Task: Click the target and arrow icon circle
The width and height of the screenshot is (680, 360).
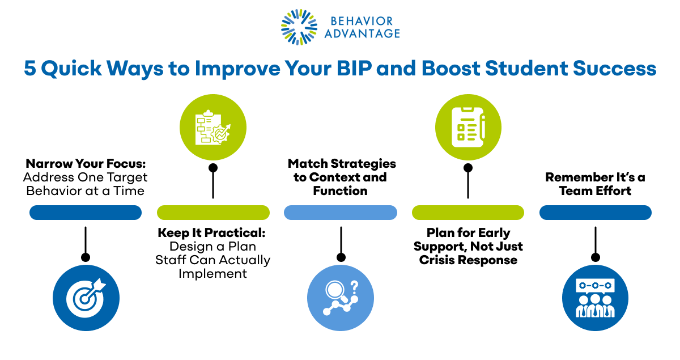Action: coord(86,298)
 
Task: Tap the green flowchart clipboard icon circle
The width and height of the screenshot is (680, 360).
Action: coord(213,127)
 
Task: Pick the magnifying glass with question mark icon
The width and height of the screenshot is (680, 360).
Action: coord(341,298)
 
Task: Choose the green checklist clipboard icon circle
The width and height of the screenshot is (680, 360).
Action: coord(468,127)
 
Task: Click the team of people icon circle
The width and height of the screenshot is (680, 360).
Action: coord(595,298)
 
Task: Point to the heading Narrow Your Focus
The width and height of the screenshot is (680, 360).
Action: coord(86,163)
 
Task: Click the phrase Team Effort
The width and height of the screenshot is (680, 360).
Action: coord(595,191)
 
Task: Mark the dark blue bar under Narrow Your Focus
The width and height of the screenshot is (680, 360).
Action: coord(86,213)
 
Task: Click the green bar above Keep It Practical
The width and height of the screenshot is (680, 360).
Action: coord(213,213)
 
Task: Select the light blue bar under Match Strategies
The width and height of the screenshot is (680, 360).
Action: coord(341,213)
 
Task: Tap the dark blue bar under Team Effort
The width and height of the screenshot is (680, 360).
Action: coord(595,213)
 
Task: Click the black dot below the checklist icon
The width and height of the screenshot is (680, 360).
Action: coord(468,168)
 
